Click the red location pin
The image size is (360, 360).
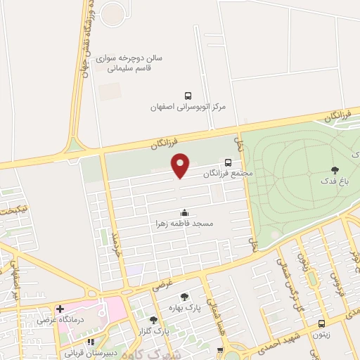181,165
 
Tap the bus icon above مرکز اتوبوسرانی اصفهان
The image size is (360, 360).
188,96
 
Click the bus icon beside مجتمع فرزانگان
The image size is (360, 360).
227,162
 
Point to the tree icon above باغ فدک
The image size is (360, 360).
334,169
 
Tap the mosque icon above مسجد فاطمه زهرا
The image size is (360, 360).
184,212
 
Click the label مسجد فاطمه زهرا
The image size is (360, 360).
184,223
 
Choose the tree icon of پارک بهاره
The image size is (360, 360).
184,297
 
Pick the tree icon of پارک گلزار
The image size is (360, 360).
153,320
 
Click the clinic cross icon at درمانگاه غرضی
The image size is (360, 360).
60,309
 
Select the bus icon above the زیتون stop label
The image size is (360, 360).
321,324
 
